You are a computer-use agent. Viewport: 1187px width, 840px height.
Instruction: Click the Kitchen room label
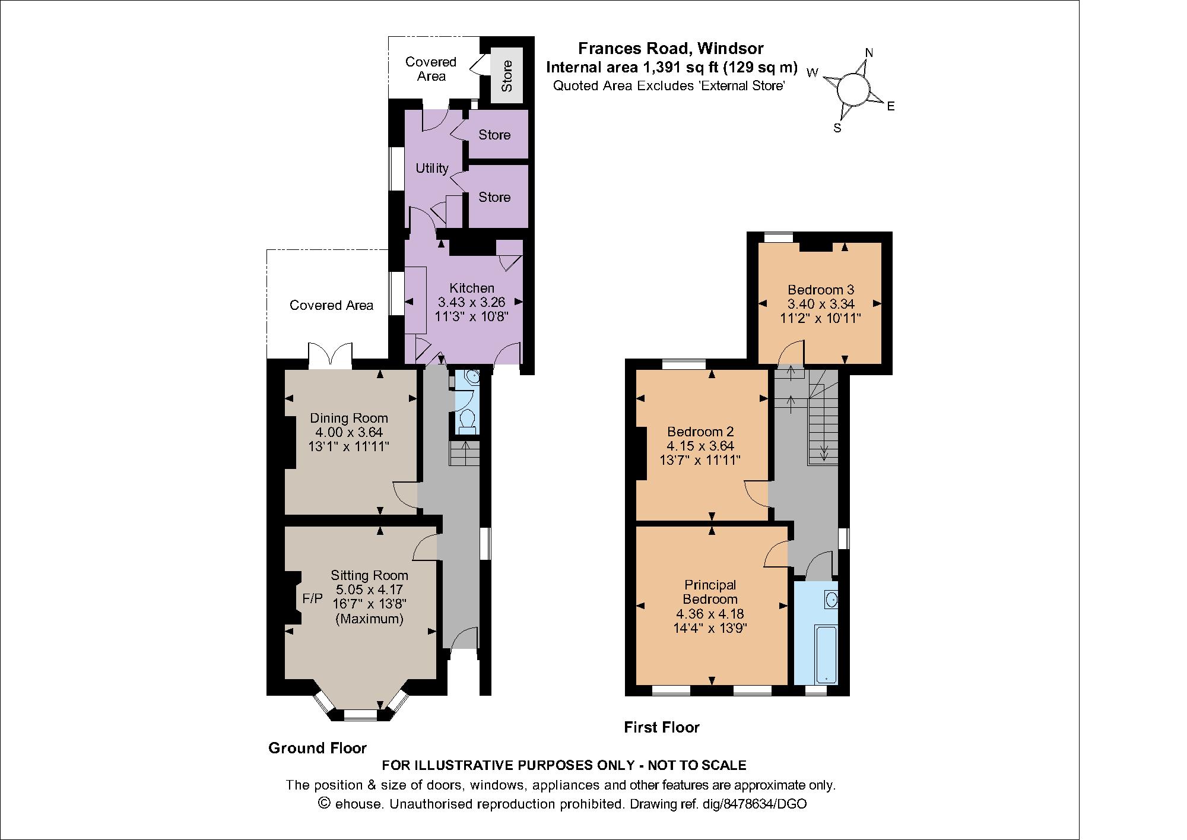472,288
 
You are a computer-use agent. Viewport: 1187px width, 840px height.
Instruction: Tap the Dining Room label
349,418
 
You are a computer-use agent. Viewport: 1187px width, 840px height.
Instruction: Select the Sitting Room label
369,575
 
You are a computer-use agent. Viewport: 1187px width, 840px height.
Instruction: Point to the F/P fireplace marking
312,598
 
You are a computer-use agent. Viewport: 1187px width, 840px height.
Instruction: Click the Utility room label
432,169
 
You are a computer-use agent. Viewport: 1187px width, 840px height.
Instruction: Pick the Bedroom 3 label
821,290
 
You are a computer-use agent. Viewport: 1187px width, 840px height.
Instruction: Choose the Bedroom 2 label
700,432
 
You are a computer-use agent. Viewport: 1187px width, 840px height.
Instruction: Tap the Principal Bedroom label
710,592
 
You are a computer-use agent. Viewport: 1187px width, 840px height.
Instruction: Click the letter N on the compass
869,53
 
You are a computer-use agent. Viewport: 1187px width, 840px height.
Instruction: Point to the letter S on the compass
837,128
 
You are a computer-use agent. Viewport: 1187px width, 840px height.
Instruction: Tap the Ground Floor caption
318,748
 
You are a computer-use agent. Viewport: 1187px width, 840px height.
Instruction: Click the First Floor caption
662,727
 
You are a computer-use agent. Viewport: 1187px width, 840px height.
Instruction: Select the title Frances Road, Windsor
671,48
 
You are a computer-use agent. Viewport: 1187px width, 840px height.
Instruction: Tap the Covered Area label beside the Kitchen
331,305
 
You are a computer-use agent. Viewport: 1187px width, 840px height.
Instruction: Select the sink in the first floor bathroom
831,600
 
